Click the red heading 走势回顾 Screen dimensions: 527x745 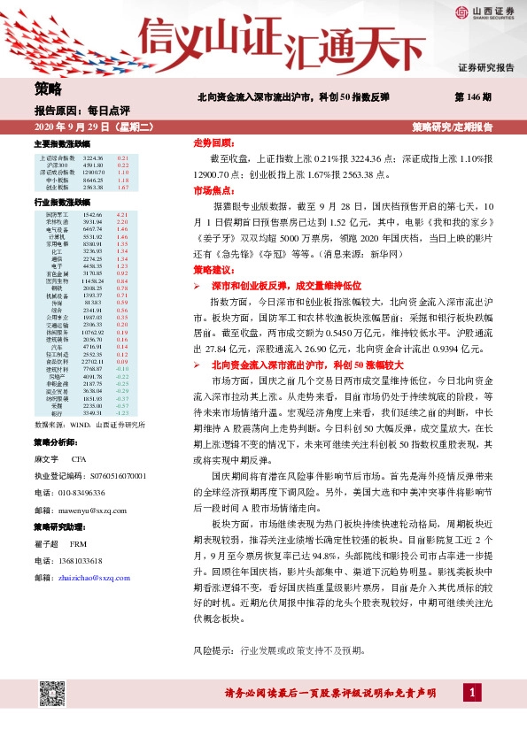[213, 142]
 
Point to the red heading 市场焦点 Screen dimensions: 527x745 [213, 190]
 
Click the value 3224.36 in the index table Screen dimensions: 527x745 [93, 157]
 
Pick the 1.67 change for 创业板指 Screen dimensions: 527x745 [123, 188]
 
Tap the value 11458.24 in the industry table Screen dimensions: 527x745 [93, 281]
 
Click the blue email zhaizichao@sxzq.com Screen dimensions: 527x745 [93, 576]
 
